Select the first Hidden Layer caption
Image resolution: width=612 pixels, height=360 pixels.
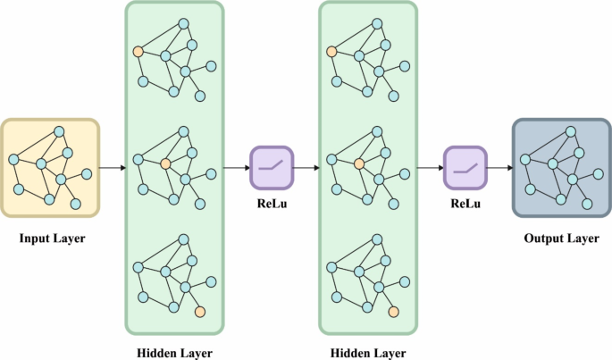(x=175, y=351)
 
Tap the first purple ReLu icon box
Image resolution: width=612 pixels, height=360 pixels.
(x=272, y=167)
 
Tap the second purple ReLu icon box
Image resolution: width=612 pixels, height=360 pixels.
(x=465, y=167)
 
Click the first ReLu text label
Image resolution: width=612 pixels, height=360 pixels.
(x=272, y=204)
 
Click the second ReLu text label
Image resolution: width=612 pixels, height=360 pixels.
(x=465, y=204)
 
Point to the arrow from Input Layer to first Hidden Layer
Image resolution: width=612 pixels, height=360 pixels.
(x=112, y=167)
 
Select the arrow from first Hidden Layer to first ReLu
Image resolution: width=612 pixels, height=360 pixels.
(x=237, y=167)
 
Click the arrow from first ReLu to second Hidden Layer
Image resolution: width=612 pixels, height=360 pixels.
(x=306, y=167)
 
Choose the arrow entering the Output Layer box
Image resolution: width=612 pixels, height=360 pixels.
(x=499, y=167)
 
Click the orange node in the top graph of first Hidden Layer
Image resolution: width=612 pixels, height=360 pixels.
(x=138, y=52)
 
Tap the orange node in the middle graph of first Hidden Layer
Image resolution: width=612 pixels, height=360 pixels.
(x=165, y=163)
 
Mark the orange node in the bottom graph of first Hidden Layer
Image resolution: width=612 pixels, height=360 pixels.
(x=200, y=312)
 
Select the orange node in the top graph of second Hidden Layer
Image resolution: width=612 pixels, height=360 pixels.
(x=331, y=52)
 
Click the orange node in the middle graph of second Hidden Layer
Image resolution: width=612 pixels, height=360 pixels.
(x=359, y=163)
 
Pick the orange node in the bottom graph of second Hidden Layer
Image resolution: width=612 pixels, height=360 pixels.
(x=394, y=312)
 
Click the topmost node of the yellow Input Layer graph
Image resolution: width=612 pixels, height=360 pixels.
(x=60, y=132)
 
